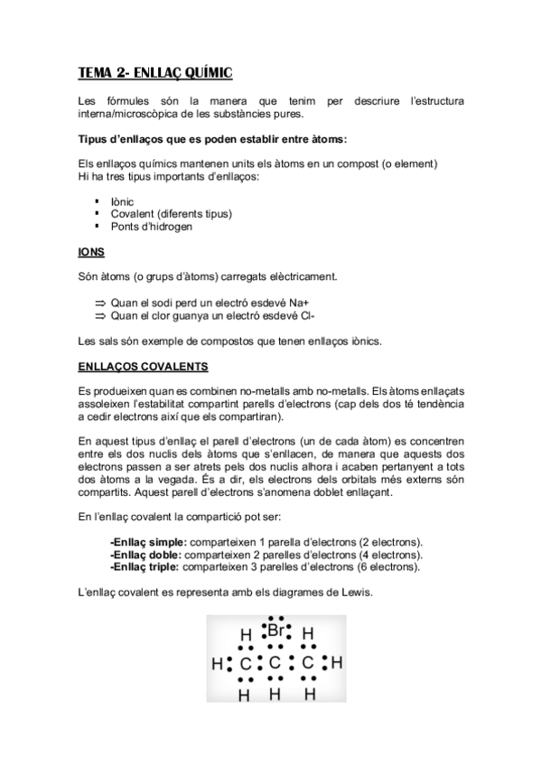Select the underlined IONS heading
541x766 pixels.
(x=91, y=253)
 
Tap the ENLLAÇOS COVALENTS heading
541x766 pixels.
(x=144, y=368)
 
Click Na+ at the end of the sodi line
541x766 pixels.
(x=310, y=304)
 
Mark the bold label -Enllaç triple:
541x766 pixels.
(x=145, y=566)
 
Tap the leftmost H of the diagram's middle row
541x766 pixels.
(x=217, y=664)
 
